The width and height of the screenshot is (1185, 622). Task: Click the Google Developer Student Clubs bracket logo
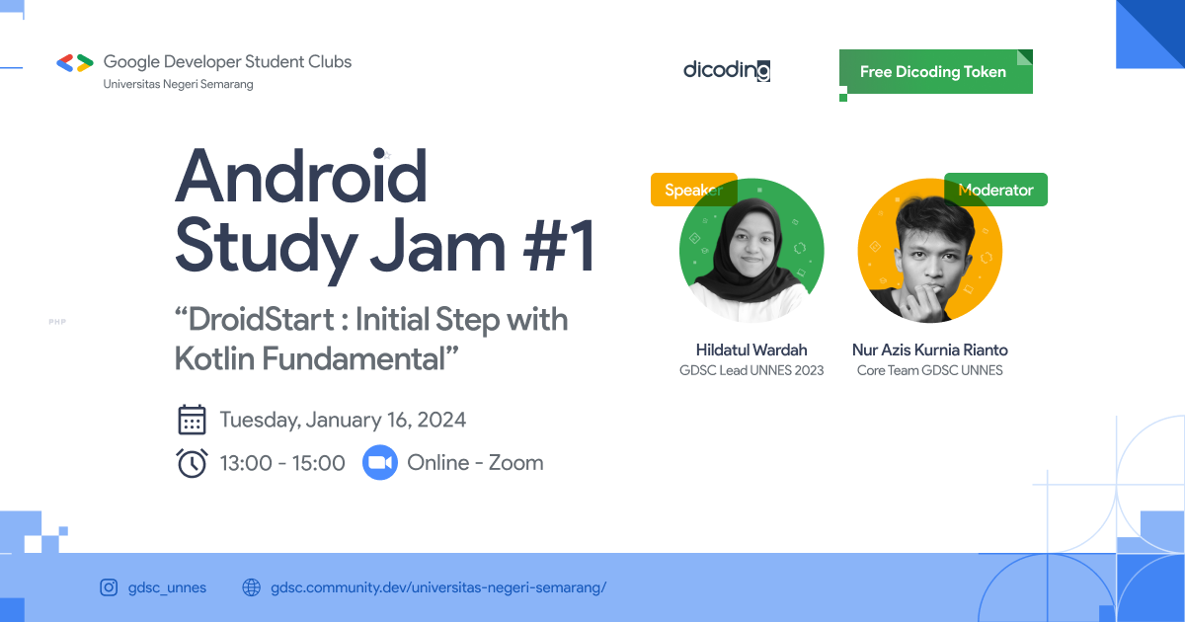[75, 62]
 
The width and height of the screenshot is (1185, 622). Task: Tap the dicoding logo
[727, 70]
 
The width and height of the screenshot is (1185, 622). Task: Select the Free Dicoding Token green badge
[933, 72]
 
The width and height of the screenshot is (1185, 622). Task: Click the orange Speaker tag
[693, 190]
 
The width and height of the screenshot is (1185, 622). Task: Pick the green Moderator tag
[995, 190]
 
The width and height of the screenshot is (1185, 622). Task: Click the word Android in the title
[301, 177]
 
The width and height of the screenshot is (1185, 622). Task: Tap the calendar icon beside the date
[192, 420]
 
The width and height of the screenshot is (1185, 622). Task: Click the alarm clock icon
[192, 463]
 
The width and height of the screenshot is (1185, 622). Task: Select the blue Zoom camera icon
[379, 463]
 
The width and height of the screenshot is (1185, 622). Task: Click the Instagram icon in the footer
[109, 587]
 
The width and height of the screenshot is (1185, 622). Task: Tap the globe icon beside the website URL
[252, 587]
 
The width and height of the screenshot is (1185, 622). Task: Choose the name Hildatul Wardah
[751, 350]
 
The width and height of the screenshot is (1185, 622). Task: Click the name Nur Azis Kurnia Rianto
[929, 350]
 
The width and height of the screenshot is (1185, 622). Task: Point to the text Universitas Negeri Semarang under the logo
[179, 85]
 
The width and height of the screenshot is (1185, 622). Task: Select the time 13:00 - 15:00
[282, 463]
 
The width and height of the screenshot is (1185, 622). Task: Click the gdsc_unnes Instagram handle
[167, 587]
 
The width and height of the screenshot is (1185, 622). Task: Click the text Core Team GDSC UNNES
[929, 371]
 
